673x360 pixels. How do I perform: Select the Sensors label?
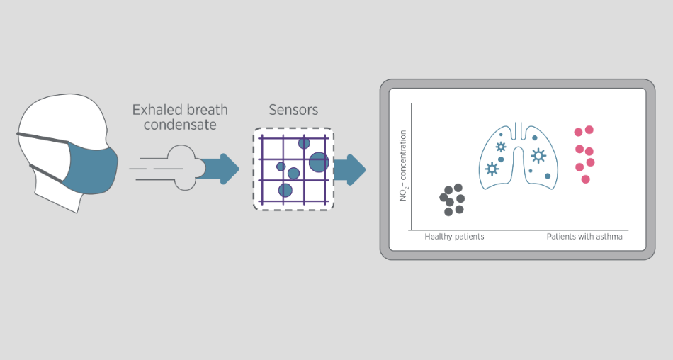pyautogui.click(x=293, y=110)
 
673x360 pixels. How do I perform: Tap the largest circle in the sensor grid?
pyautogui.click(x=319, y=162)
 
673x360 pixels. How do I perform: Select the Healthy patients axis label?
pyautogui.click(x=454, y=237)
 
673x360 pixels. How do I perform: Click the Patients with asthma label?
pyautogui.click(x=584, y=237)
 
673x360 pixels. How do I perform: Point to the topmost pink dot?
pyautogui.click(x=589, y=130)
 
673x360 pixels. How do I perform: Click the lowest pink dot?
pyautogui.click(x=585, y=179)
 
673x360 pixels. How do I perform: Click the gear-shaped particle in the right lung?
pyautogui.click(x=538, y=154)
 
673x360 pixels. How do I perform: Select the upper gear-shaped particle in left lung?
pyautogui.click(x=501, y=147)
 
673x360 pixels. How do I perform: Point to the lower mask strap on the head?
pyautogui.click(x=46, y=171)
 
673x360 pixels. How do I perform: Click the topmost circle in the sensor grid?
pyautogui.click(x=304, y=143)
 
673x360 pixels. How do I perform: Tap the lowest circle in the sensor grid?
pyautogui.click(x=285, y=190)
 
